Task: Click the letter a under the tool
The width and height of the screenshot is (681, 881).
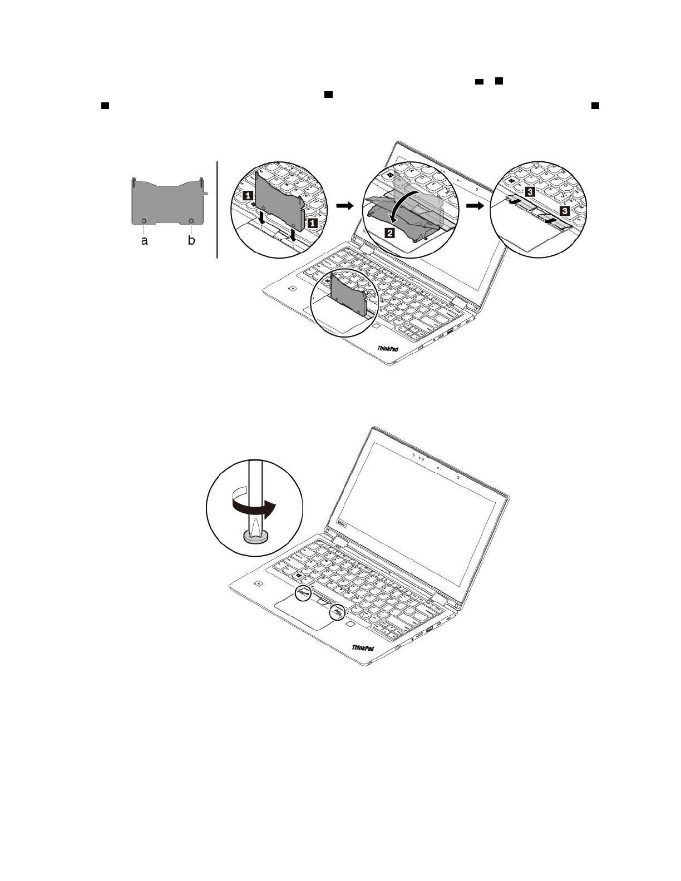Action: pyautogui.click(x=145, y=241)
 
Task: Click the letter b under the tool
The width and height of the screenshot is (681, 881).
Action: pyautogui.click(x=191, y=241)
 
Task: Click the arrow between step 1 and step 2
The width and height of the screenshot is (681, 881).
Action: pyautogui.click(x=345, y=206)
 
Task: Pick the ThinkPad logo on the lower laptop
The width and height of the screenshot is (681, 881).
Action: pyautogui.click(x=363, y=648)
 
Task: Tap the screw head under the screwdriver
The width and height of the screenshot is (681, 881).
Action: pyautogui.click(x=255, y=536)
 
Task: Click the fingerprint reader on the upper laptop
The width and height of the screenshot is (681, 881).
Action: pyautogui.click(x=376, y=325)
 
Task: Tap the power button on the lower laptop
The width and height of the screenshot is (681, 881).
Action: pyautogui.click(x=260, y=584)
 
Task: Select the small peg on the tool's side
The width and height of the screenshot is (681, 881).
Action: pyautogui.click(x=205, y=194)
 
